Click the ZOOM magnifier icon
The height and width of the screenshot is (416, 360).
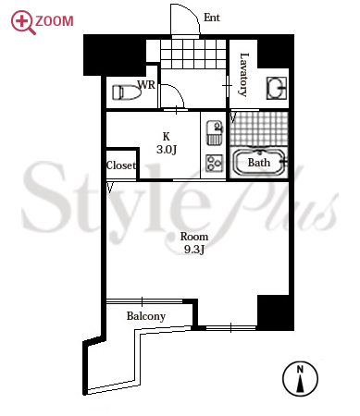pos(23,22)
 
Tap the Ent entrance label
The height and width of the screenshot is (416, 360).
pos(212,18)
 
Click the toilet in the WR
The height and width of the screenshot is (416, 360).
pos(127,92)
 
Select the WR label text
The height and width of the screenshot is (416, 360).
pos(146,85)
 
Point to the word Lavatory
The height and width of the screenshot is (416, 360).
pos(243,75)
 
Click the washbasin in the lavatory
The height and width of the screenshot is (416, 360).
pos(277,88)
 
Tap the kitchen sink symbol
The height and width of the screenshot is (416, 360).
pos(215,132)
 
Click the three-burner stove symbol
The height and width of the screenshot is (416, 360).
pos(215,163)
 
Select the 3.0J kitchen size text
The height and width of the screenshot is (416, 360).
pos(167,150)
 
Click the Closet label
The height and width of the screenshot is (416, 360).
pos(121,165)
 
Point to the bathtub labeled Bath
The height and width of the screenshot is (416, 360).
pos(259,163)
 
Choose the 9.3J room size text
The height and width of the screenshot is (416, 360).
pos(194,250)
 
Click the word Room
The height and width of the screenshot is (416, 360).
pos(194,237)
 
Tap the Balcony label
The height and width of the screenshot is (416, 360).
pos(146,316)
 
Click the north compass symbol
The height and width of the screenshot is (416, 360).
pos(300,379)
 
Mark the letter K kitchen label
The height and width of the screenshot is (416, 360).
pos(166,136)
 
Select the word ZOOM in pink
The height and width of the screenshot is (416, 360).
pos(55,21)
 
